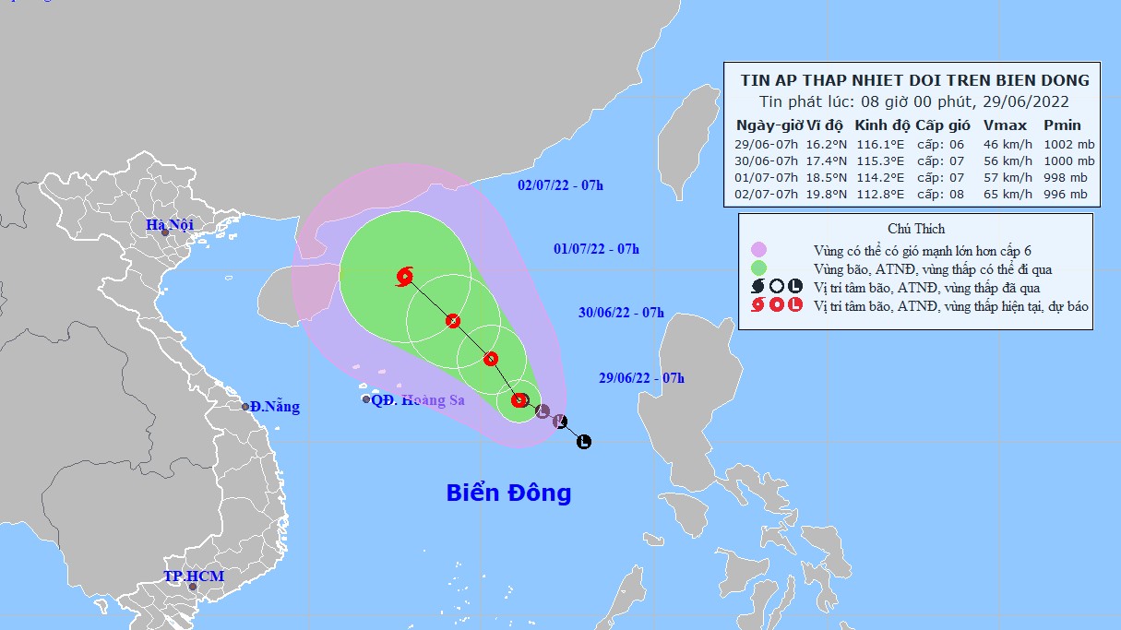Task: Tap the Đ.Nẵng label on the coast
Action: [x=274, y=407]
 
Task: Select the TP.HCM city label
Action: [x=194, y=576]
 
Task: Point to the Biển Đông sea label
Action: [x=508, y=493]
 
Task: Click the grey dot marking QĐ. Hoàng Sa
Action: [x=366, y=399]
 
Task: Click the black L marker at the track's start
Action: [x=583, y=442]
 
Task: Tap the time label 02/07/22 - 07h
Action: [x=560, y=185]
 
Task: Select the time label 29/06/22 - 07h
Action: [x=641, y=377]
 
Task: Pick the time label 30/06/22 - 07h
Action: [x=621, y=313]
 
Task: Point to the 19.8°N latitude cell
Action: [x=827, y=195]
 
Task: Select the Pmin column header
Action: [x=1062, y=125]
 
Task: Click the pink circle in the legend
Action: [x=758, y=250]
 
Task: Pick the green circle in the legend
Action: [x=758, y=268]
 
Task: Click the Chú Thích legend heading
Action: [x=916, y=229]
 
